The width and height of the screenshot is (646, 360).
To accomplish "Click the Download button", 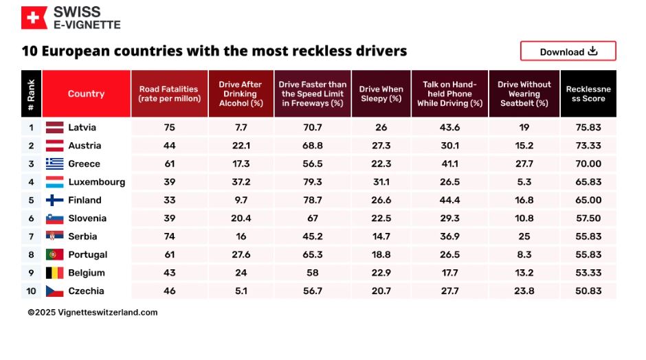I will (568, 52).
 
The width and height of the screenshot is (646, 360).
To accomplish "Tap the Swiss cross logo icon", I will (34, 18).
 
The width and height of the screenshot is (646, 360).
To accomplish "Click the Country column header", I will (86, 93).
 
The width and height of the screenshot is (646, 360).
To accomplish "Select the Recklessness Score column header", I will (588, 93).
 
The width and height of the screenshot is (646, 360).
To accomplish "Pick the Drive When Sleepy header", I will (381, 93).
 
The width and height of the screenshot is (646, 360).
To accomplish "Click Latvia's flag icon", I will (55, 127).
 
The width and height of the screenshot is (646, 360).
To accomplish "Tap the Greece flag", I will (55, 164).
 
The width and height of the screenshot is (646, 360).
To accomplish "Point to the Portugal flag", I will (55, 254).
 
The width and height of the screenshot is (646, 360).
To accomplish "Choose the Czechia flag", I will (55, 291).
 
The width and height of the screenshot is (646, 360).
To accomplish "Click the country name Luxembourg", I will (96, 182).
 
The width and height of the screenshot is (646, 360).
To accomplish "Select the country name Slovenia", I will (87, 218).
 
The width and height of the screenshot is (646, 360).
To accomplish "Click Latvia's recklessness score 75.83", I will (588, 127).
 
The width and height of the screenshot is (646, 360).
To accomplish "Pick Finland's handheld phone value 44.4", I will (449, 200).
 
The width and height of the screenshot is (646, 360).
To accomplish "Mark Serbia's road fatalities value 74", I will (169, 236).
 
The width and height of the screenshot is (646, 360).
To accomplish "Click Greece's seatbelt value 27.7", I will (524, 164).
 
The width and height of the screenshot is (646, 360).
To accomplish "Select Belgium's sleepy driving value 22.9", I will (381, 273).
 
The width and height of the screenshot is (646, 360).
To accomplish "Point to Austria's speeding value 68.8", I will (312, 146).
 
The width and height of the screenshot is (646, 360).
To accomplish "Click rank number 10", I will (31, 291).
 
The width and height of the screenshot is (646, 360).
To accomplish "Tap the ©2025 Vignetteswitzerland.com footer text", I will (93, 312).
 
